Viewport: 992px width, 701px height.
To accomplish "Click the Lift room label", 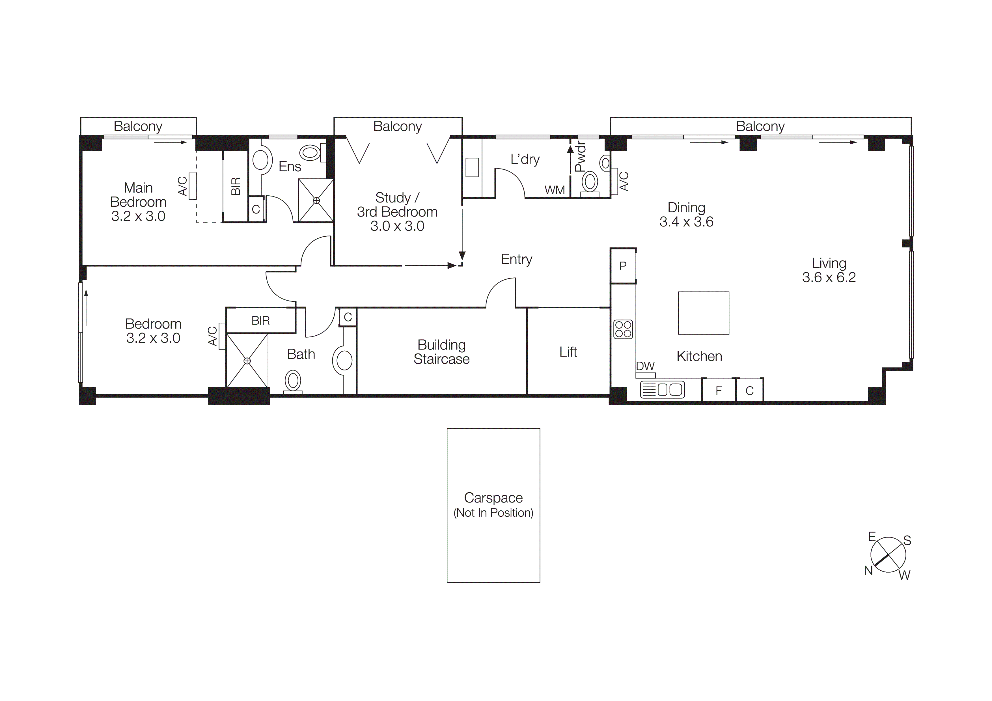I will (568, 352).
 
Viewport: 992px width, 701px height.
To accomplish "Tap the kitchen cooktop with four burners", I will (623, 329).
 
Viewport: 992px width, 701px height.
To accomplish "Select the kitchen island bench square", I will (703, 313).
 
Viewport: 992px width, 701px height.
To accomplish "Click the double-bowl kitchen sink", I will (662, 390).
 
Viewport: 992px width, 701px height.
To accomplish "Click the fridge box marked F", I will (719, 391).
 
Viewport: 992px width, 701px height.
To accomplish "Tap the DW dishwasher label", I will (645, 366).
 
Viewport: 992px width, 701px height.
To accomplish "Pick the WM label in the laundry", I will (554, 190).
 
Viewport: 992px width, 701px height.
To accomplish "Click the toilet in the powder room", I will (590, 182).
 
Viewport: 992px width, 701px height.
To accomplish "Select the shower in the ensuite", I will (316, 200).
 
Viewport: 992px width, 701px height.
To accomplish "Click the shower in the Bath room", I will (247, 361).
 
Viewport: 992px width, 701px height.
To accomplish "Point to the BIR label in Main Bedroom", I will (236, 186).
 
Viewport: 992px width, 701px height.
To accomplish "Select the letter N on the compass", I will (868, 571).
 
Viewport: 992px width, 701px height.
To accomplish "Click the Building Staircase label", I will (441, 352).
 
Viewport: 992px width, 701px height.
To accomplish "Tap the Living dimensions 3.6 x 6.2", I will (828, 277).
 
